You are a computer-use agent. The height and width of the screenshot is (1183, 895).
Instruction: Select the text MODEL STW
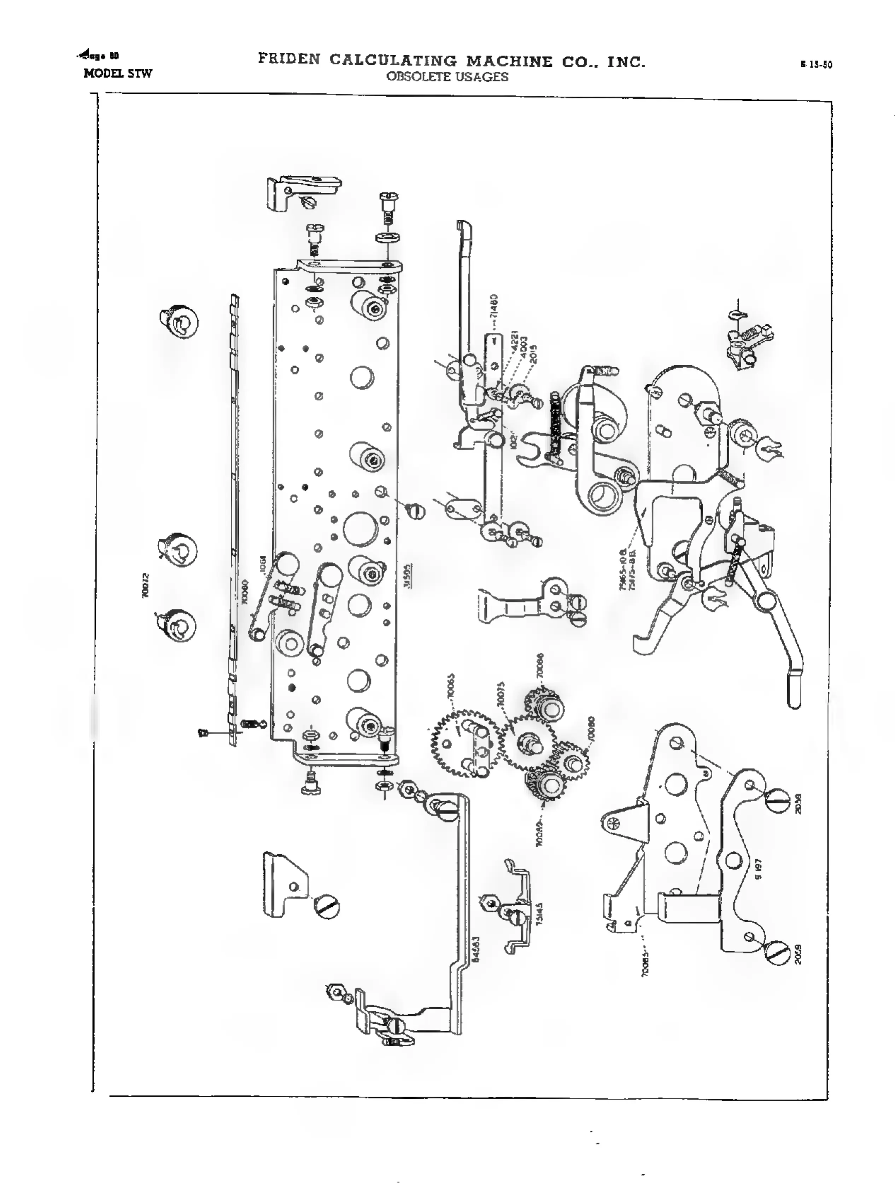[118, 73]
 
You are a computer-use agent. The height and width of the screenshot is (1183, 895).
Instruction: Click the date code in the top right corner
[816, 65]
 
